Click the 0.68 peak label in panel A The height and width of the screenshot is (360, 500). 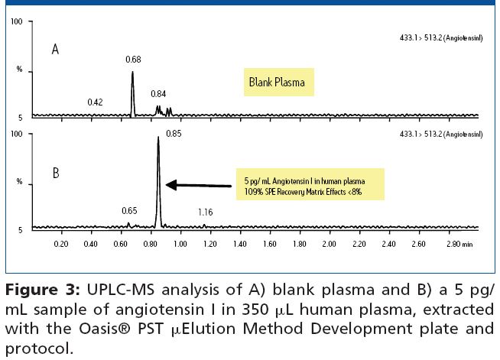pos(134,60)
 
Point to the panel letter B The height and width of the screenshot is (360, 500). pos(55,174)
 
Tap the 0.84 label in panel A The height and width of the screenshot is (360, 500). pos(158,94)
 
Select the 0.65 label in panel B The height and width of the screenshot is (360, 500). pos(130,209)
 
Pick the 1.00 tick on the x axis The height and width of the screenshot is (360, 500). pos(180,245)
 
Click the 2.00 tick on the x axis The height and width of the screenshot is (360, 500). pos(329,245)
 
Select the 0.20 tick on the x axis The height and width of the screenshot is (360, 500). pos(60,245)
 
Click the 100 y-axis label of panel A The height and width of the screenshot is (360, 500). pos(16,21)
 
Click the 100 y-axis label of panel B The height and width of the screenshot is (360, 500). pos(16,134)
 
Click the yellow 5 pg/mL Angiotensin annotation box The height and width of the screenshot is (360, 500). pos(311,185)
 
